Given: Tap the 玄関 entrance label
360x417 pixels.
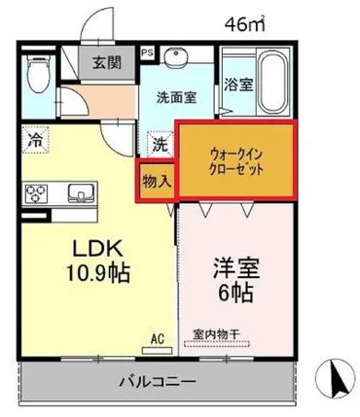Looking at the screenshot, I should pos(106,63).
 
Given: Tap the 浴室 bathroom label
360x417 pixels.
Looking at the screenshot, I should pos(239,85).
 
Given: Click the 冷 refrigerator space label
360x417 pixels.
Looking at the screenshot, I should pos(33,139).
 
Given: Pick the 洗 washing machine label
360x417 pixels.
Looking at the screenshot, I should pos(159,142).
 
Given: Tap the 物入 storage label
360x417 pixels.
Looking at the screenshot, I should pos(156,180).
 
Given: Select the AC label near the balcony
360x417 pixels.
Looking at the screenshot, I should pos(156,338).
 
